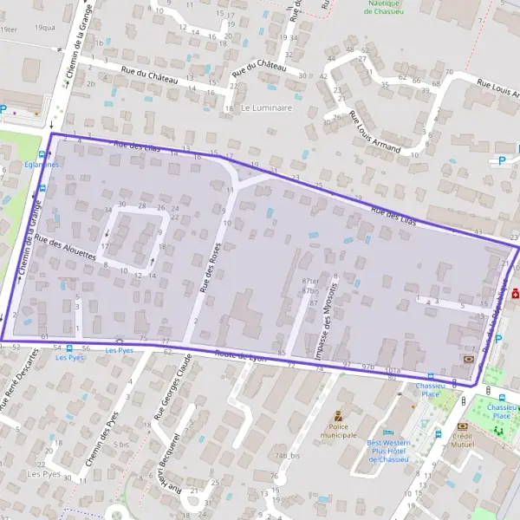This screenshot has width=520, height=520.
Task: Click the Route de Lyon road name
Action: (x=243, y=355)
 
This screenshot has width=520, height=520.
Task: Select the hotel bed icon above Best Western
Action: (x=388, y=432)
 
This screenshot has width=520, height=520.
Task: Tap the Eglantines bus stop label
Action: (x=42, y=165)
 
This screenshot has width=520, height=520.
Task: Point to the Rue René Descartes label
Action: (x=19, y=381)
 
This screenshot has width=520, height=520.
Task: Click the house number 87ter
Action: (x=309, y=282)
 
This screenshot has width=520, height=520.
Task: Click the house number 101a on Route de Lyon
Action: (x=392, y=369)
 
